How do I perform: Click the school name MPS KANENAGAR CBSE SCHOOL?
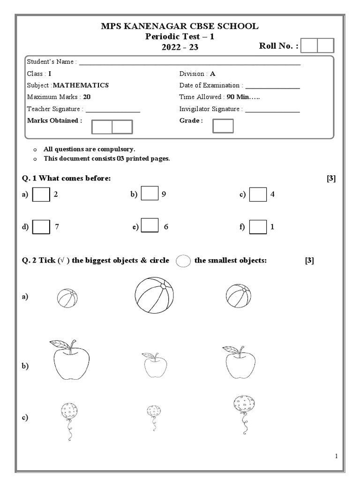(180, 26)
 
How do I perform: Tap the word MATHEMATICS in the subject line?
(81, 85)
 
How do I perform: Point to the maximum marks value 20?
(87, 97)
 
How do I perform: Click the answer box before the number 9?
(150, 194)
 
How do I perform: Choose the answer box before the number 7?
(41, 227)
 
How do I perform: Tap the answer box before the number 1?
(258, 227)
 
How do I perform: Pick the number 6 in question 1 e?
(166, 227)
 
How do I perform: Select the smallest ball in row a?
(67, 298)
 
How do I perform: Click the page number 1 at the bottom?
(337, 456)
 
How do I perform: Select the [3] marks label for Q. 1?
(331, 178)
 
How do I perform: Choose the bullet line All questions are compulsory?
(90, 149)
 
